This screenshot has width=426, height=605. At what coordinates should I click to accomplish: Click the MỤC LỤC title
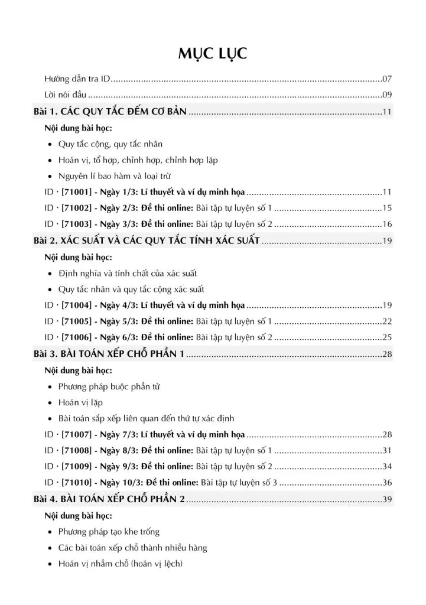213,54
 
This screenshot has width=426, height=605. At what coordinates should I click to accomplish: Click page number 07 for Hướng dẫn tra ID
388,79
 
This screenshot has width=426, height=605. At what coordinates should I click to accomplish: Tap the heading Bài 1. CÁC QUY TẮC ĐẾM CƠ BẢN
110,111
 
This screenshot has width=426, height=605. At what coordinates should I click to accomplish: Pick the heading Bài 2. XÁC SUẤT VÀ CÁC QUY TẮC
147,241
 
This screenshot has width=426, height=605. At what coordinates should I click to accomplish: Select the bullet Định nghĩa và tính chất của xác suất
128,274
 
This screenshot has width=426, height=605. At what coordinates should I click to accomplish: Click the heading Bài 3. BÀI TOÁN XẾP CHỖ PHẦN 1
109,354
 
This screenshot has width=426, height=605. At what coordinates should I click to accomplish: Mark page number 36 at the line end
388,483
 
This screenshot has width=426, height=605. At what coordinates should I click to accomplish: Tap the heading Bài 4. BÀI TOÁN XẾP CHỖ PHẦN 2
109,500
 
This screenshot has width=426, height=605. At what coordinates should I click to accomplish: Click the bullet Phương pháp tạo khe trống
109,532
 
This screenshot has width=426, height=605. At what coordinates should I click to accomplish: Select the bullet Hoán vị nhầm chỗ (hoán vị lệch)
121,564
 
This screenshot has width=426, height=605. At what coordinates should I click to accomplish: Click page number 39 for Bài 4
388,500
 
